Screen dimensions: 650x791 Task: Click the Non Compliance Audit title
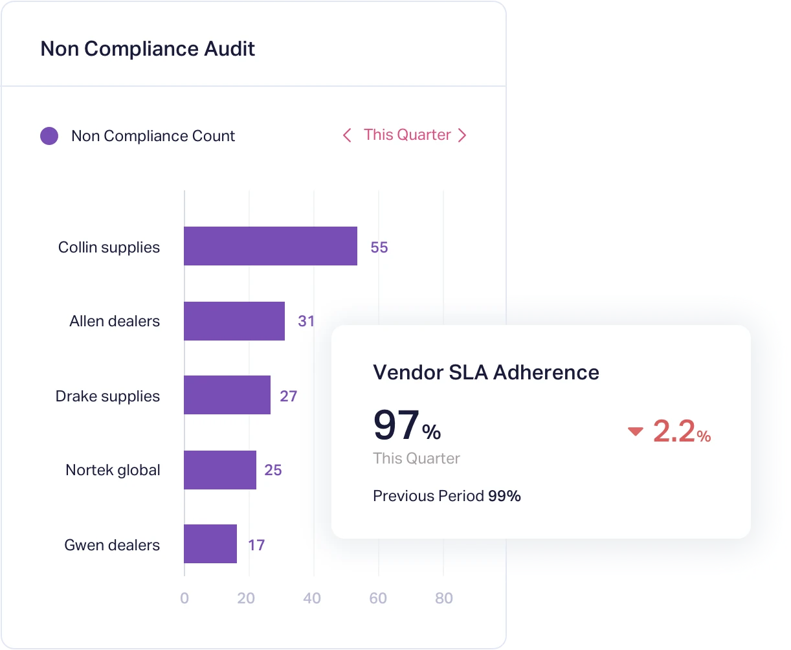pos(148,49)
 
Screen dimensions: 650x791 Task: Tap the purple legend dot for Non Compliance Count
pos(49,136)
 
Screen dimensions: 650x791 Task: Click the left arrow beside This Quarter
pos(347,135)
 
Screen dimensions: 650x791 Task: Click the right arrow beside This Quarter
pos(462,135)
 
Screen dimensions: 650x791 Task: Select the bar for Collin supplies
pos(271,246)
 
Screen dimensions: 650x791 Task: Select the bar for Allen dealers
pos(234,321)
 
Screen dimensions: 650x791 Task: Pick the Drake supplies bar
pos(227,395)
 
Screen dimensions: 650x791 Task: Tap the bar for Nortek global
pos(220,470)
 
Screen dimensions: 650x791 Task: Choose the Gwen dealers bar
pos(210,544)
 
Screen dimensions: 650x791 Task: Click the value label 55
pos(379,248)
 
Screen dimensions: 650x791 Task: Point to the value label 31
pos(306,321)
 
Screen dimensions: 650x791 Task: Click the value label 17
pos(256,545)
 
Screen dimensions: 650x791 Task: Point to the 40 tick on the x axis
pos(312,598)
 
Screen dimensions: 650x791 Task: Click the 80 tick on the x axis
pos(444,598)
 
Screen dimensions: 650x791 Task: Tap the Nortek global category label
pos(113,470)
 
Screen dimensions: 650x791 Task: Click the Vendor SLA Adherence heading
pos(486,373)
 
